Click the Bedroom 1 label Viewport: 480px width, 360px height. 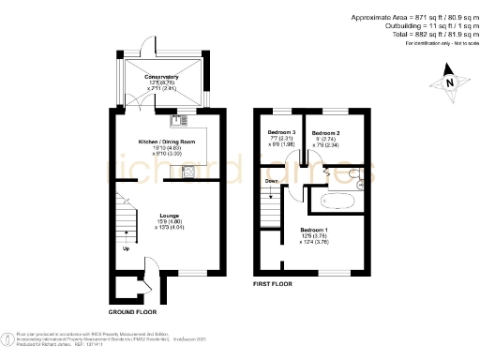314,229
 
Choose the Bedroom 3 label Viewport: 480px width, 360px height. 279,133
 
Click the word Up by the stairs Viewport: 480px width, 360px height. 126,248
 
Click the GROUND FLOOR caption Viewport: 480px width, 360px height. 131,310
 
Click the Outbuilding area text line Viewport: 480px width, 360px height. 423,26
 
